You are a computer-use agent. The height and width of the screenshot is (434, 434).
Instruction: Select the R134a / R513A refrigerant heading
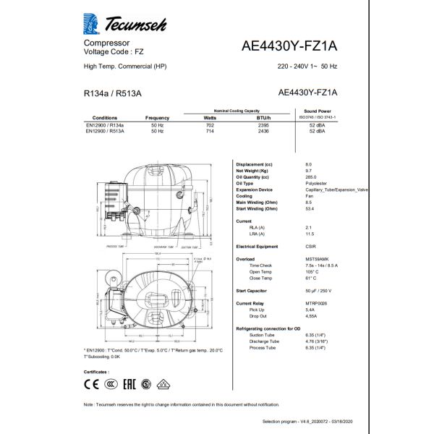pyautogui.click(x=107, y=93)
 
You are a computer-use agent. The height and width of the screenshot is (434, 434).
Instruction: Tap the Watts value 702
pyautogui.click(x=210, y=125)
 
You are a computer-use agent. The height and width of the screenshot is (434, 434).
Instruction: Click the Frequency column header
pyautogui.click(x=157, y=117)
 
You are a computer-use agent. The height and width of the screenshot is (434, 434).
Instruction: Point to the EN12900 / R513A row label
pyautogui.click(x=105, y=131)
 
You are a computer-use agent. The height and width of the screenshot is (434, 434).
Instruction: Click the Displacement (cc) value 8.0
pyautogui.click(x=310, y=164)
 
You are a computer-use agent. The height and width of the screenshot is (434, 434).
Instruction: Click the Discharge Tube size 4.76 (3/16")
pyautogui.click(x=322, y=341)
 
